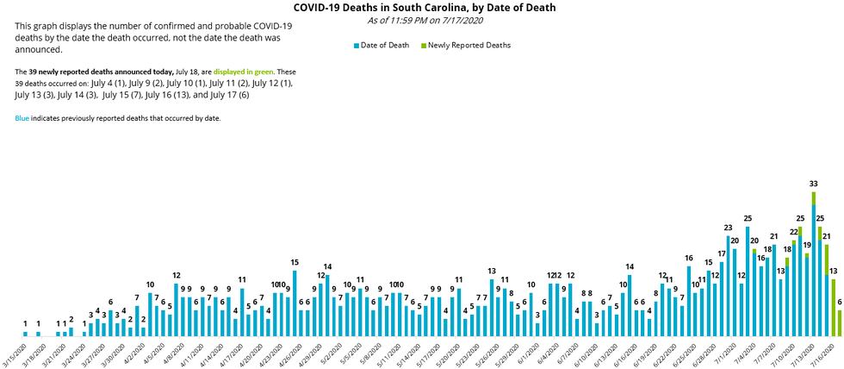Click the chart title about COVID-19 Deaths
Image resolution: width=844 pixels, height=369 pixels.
424,8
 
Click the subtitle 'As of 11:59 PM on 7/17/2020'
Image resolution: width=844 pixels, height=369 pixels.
424,20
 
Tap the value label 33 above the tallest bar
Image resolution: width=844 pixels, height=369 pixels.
813,184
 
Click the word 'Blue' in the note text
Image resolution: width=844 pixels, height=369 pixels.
22,117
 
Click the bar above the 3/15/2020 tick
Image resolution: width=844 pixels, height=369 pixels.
26,333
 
